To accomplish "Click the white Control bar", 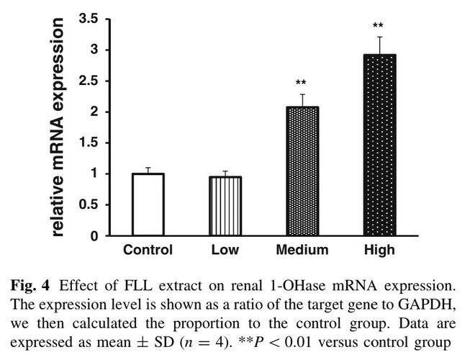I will (x=148, y=204).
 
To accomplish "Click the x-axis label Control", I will (x=148, y=251).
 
